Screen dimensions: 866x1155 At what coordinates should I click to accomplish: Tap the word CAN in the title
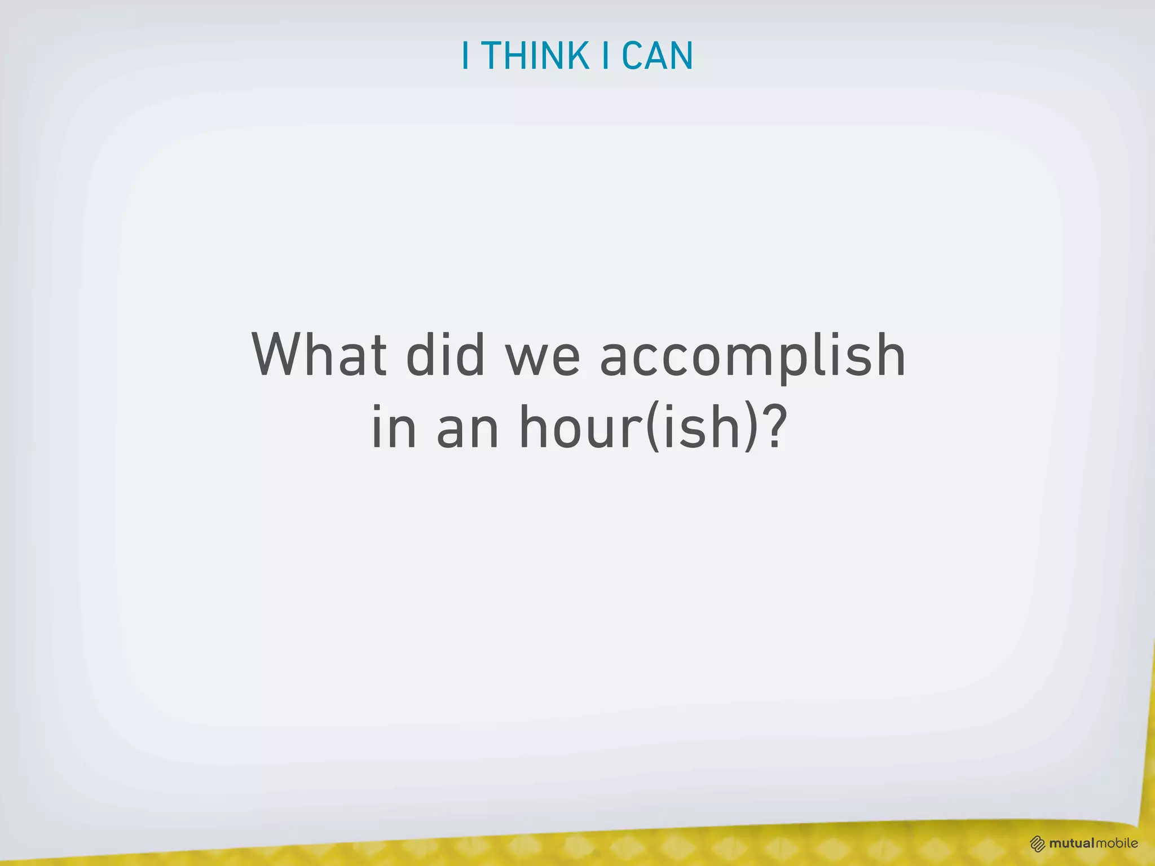pos(657,56)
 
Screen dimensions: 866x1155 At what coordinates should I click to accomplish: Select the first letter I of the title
pos(465,56)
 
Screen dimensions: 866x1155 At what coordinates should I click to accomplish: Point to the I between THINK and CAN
pos(606,56)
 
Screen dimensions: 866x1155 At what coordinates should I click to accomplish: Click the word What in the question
pos(319,355)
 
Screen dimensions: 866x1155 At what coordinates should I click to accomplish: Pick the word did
pos(445,355)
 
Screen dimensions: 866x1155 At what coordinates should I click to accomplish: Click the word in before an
pos(394,427)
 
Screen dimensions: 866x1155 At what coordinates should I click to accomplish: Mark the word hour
pos(580,427)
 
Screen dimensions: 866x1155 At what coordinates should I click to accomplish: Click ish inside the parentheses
pos(702,427)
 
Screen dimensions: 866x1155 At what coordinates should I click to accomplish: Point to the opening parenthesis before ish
pos(653,428)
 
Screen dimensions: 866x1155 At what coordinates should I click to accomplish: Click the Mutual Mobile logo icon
pos(1037,844)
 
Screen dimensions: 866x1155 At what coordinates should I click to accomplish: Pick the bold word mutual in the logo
pos(1072,843)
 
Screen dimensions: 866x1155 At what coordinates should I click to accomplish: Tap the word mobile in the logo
pos(1117,843)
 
